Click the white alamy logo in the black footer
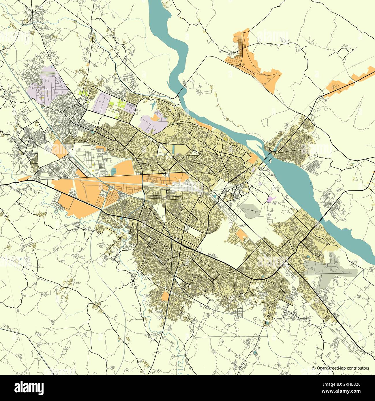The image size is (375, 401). pyautogui.click(x=30, y=387)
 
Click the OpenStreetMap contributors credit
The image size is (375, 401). pyautogui.click(x=343, y=368)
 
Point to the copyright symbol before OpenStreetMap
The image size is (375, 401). pyautogui.click(x=314, y=368)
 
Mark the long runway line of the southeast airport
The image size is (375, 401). pyautogui.click(x=329, y=271)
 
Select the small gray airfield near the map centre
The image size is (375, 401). pyautogui.click(x=250, y=209)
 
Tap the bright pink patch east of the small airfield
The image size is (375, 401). pyautogui.click(x=271, y=199)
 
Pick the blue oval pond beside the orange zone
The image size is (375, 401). pyautogui.click(x=113, y=172)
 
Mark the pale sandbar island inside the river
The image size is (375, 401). pyautogui.click(x=254, y=141)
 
